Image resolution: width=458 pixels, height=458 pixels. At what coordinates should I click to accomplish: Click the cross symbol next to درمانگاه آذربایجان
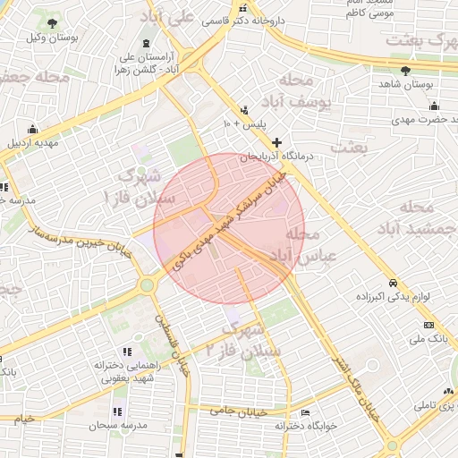(x=277, y=142)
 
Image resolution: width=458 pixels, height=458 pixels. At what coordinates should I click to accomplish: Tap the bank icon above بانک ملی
(x=428, y=324)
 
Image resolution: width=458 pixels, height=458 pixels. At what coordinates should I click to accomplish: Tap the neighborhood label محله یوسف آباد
(x=304, y=91)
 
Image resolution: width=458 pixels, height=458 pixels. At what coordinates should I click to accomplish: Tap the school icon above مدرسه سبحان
(x=117, y=411)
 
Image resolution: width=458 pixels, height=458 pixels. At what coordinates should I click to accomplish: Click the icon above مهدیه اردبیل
(x=33, y=129)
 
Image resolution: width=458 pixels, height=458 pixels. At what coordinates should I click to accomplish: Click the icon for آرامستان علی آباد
(x=146, y=45)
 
